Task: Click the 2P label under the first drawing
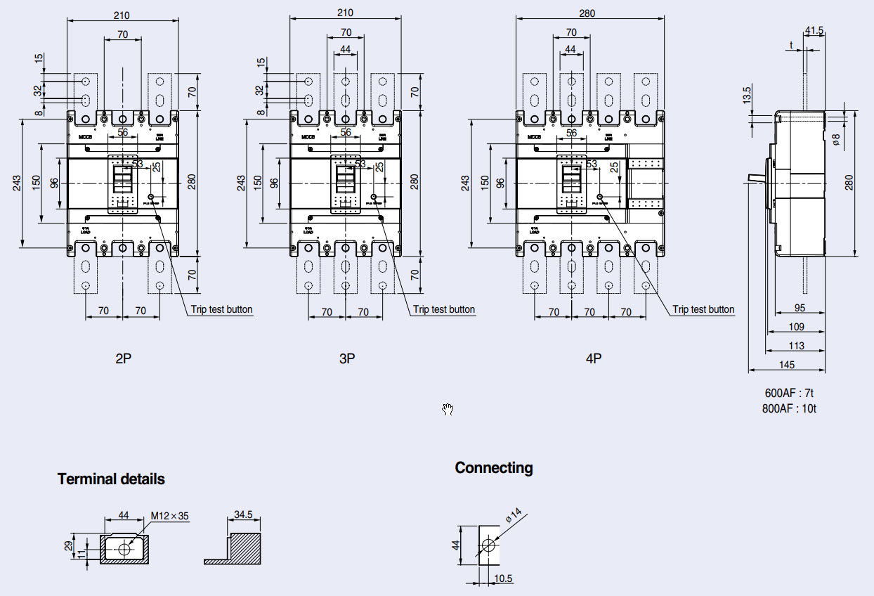[x=124, y=358]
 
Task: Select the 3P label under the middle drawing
[x=347, y=358]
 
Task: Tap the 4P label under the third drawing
[x=594, y=358]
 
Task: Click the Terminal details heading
[x=111, y=479]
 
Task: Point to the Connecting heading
[x=493, y=468]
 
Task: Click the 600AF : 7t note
[x=789, y=393]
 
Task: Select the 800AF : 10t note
[x=789, y=408]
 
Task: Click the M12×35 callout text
[x=170, y=516]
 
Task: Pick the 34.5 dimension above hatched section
[x=243, y=515]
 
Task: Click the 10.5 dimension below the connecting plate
[x=503, y=578]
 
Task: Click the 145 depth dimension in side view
[x=787, y=364]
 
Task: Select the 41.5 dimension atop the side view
[x=814, y=30]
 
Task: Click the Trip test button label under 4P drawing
[x=703, y=309]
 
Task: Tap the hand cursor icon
[x=448, y=410]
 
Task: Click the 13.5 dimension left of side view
[x=747, y=94]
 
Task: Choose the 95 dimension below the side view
[x=800, y=308]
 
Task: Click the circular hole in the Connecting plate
[x=488, y=545]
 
